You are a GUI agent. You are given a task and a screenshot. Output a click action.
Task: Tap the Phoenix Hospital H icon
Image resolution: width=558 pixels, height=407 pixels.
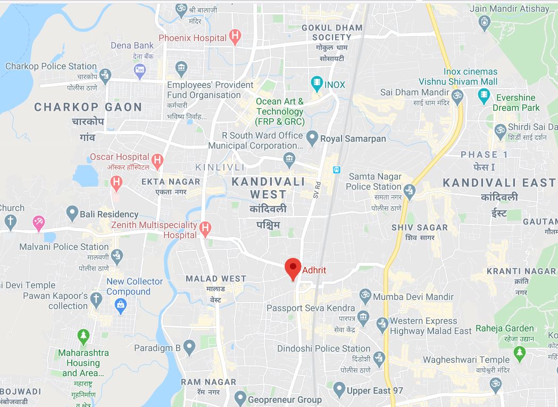[235, 37]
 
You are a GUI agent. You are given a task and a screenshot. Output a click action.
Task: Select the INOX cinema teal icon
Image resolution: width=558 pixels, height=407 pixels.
[317, 84]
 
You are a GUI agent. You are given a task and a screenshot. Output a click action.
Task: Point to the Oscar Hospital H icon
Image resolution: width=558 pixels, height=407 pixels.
[157, 159]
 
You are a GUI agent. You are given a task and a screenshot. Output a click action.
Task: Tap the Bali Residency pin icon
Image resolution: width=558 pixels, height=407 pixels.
[72, 214]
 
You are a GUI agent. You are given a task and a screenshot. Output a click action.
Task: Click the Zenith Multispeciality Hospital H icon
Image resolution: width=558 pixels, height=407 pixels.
[205, 229]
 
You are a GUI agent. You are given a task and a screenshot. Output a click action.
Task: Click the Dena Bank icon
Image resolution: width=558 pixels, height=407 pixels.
[140, 70]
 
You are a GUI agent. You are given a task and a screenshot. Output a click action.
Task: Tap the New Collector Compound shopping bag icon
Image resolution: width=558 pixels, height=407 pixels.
[121, 305]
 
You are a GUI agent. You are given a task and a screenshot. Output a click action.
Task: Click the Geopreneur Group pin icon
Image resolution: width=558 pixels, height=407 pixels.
[240, 398]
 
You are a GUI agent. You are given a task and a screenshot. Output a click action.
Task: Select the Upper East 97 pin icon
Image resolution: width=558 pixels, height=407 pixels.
[339, 390]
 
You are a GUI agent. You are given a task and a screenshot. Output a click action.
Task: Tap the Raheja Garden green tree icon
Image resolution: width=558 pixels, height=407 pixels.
[520, 352]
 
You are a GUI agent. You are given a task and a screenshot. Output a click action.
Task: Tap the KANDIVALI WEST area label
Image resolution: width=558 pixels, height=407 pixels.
[269, 188]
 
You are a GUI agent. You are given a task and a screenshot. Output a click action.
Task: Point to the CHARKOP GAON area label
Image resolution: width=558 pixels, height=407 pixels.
[88, 107]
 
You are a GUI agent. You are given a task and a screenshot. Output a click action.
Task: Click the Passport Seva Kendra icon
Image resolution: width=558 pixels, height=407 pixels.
[363, 317]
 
